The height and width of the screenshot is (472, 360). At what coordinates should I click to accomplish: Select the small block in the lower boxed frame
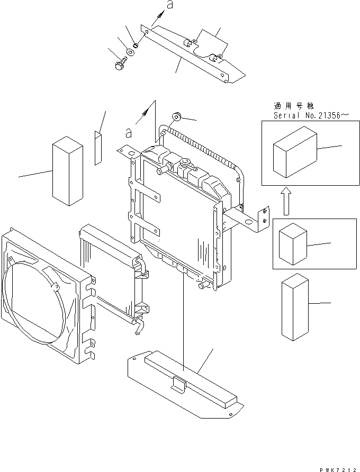[293, 243]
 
